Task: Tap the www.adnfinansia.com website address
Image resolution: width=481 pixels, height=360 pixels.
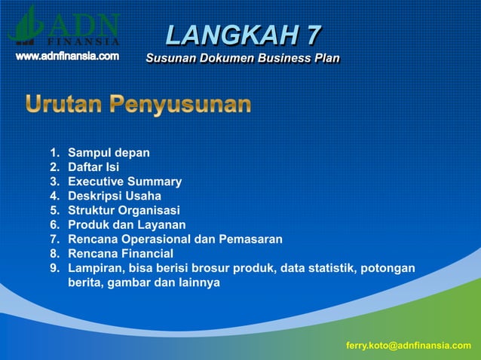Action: click(68, 56)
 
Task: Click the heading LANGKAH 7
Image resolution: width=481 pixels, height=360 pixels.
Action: click(243, 35)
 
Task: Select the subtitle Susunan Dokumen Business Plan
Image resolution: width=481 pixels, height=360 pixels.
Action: click(242, 58)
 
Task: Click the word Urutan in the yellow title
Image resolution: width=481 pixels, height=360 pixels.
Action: click(63, 104)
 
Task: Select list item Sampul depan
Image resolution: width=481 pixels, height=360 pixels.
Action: click(109, 153)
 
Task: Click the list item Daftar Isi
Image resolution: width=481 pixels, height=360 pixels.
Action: click(93, 167)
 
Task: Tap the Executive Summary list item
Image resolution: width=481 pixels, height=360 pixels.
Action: click(124, 182)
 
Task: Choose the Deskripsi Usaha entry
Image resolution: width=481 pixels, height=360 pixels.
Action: click(115, 196)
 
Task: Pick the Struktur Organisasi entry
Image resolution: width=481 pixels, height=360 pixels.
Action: click(124, 210)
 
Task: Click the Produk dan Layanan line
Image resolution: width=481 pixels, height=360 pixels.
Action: click(127, 224)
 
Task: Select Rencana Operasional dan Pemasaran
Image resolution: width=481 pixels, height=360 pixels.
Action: click(175, 239)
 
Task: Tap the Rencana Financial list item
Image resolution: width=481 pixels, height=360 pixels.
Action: click(121, 254)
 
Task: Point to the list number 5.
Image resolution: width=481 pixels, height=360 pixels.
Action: click(54, 210)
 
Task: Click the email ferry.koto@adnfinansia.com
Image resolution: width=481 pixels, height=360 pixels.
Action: click(408, 345)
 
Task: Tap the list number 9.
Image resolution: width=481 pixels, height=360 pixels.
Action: click(54, 268)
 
